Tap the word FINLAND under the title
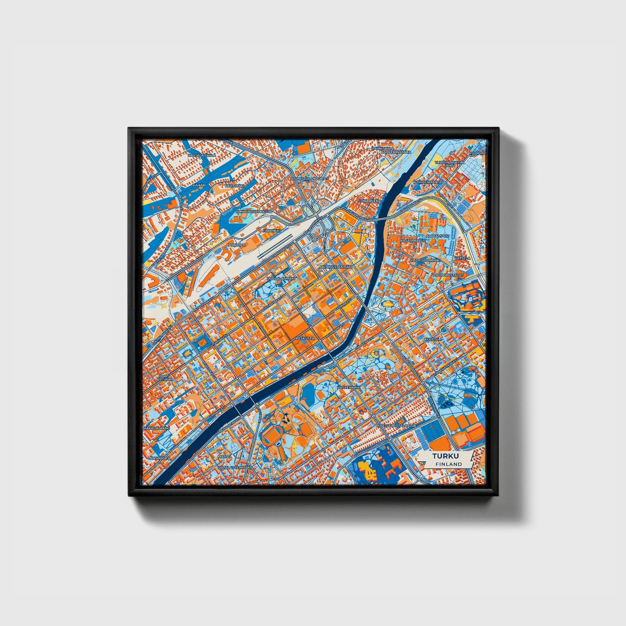click(x=448, y=464)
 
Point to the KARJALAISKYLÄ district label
click(x=201, y=155)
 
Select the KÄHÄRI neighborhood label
click(x=199, y=185)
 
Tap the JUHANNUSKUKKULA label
click(x=253, y=211)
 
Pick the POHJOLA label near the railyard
click(x=237, y=245)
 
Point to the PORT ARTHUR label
click(x=165, y=378)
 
